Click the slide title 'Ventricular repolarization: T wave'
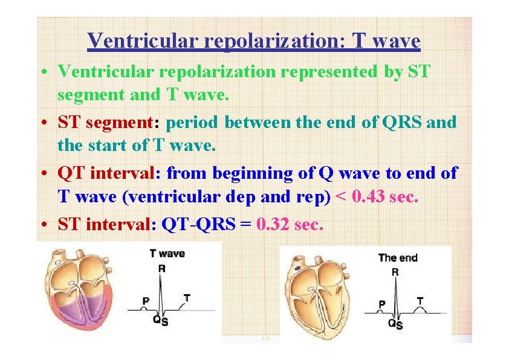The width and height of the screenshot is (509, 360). point(254,41)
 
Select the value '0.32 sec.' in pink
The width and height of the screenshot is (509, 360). point(290,225)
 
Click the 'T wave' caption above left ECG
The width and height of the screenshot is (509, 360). point(167,254)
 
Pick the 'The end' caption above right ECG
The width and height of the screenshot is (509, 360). point(398,258)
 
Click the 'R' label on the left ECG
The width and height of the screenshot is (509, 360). point(161,269)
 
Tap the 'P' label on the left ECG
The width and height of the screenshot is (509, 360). point(146,300)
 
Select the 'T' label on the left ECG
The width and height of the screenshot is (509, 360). point(187,298)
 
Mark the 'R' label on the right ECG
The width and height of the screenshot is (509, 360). point(395,272)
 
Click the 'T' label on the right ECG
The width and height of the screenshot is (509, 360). point(420,300)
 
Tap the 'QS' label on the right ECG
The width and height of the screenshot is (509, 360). point(395,324)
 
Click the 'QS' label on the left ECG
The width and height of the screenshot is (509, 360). point(160,321)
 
